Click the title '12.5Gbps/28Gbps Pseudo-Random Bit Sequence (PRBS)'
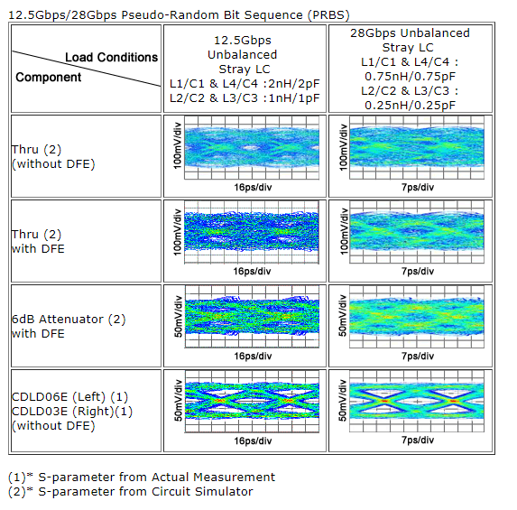(179, 15)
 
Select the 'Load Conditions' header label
(112, 58)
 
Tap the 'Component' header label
(49, 78)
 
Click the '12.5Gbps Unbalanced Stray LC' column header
(245, 69)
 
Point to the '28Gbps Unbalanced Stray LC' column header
(410, 69)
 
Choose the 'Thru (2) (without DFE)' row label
(53, 157)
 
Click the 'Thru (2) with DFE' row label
(38, 242)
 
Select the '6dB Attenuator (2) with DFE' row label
(69, 326)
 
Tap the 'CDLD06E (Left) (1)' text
(69, 397)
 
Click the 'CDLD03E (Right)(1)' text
(72, 412)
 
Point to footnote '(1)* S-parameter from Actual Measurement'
(142, 477)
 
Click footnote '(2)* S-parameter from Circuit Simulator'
(131, 492)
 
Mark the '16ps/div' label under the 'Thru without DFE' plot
(253, 188)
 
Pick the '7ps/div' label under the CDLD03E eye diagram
(418, 440)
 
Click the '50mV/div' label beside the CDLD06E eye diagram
(178, 401)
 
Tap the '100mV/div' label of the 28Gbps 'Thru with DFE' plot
(344, 231)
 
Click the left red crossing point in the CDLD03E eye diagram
(384, 401)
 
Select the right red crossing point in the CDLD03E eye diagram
(453, 401)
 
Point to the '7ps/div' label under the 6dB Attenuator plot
(418, 356)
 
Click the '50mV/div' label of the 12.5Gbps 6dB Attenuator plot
(178, 316)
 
